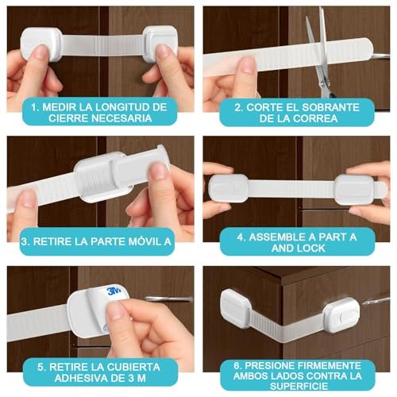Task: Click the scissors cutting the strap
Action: [x=322, y=53]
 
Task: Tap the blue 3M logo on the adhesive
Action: [x=114, y=291]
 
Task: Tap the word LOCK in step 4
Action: [x=310, y=249]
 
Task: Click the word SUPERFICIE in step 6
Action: [x=299, y=386]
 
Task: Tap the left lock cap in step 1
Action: [x=40, y=44]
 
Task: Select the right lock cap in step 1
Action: [x=160, y=44]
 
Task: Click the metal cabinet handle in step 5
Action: [x=169, y=299]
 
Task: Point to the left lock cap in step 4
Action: [x=228, y=188]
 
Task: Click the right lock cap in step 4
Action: [x=354, y=190]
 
